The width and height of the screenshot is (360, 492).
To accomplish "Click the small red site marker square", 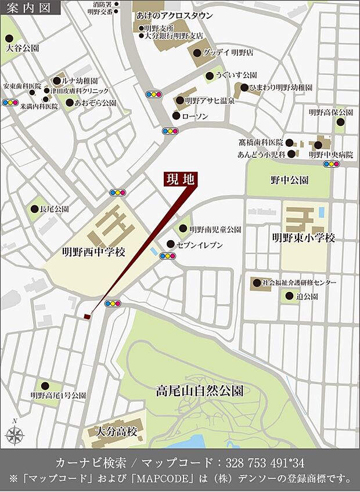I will [x=87, y=316].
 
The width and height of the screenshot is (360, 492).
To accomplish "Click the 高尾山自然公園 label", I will [x=199, y=390].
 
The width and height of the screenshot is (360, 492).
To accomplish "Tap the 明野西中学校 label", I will [x=93, y=252].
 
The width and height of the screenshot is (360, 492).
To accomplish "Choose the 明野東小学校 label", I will [x=304, y=238].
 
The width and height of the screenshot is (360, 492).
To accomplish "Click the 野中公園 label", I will [x=289, y=180].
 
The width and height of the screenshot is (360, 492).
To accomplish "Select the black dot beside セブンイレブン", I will [x=170, y=244].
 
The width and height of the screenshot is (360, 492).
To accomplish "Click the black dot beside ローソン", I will [x=176, y=116].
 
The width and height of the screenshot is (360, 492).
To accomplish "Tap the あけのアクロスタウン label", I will [x=174, y=16].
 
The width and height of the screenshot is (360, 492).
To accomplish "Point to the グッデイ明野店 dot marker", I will [x=207, y=52].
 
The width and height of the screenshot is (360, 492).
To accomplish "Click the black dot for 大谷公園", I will [x=9, y=38].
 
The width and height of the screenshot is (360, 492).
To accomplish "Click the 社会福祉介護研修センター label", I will [x=298, y=283].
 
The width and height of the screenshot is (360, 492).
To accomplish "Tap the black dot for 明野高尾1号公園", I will [x=44, y=385].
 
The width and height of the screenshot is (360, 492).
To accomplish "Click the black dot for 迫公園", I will [x=289, y=296].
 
